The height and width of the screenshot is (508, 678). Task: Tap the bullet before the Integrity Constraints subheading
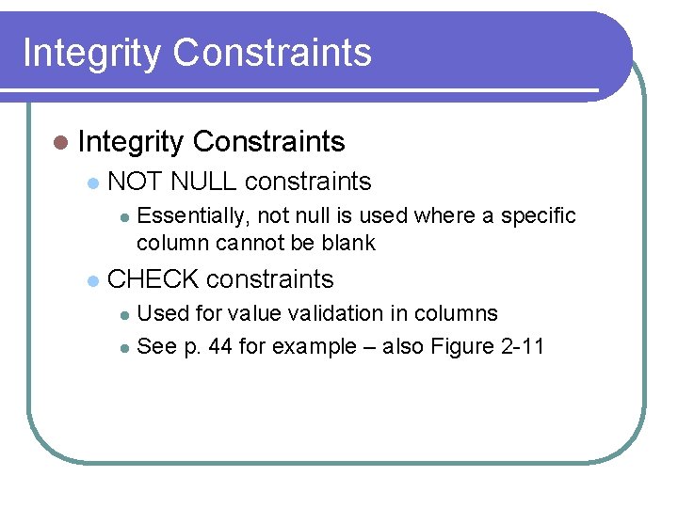[x=61, y=143]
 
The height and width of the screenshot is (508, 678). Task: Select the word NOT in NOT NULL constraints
[x=137, y=182]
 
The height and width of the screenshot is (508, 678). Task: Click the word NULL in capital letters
[x=204, y=182]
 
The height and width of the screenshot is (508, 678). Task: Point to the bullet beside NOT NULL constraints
[x=91, y=183]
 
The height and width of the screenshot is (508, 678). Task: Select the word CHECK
[x=153, y=279]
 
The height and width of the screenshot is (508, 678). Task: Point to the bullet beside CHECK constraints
[x=91, y=280]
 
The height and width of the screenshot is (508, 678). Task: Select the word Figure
[x=457, y=346]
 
